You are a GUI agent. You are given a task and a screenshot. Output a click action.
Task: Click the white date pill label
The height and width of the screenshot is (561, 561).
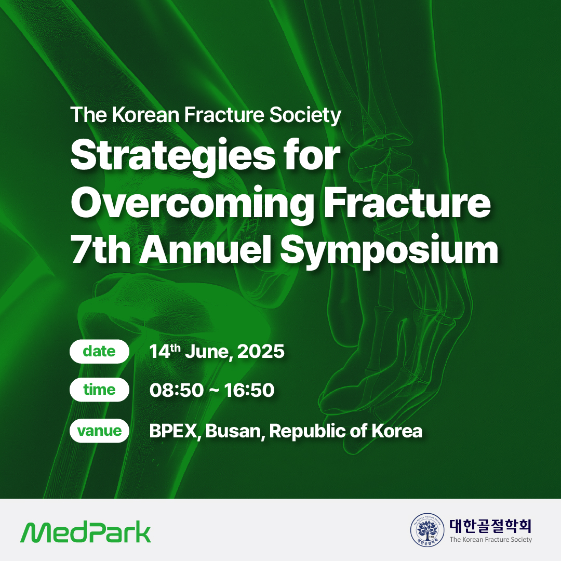coord(99,351)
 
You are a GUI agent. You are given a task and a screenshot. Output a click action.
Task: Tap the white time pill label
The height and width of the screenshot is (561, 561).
coord(99,390)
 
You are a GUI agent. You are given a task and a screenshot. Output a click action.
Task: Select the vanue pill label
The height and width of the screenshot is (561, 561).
coord(99,431)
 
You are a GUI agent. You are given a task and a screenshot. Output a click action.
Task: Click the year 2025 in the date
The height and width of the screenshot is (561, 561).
coord(261,351)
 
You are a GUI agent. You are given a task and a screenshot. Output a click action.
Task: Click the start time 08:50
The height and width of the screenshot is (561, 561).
coord(177,390)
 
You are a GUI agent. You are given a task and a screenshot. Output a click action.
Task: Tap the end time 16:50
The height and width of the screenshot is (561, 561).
coord(249,390)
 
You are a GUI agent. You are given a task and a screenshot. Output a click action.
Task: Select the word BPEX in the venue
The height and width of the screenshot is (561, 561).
coord(173,431)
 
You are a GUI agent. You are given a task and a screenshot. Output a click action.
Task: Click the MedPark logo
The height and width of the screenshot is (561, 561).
coord(86,533)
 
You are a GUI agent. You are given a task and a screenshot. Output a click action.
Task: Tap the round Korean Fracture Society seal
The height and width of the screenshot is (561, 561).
coord(427,530)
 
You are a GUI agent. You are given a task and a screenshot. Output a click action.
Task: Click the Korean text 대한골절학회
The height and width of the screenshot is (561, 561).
coord(490,526)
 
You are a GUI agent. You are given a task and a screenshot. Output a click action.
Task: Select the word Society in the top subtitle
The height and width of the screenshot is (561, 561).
coord(305,115)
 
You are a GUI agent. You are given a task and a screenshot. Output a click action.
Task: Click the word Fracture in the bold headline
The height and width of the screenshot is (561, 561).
coord(408,203)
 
